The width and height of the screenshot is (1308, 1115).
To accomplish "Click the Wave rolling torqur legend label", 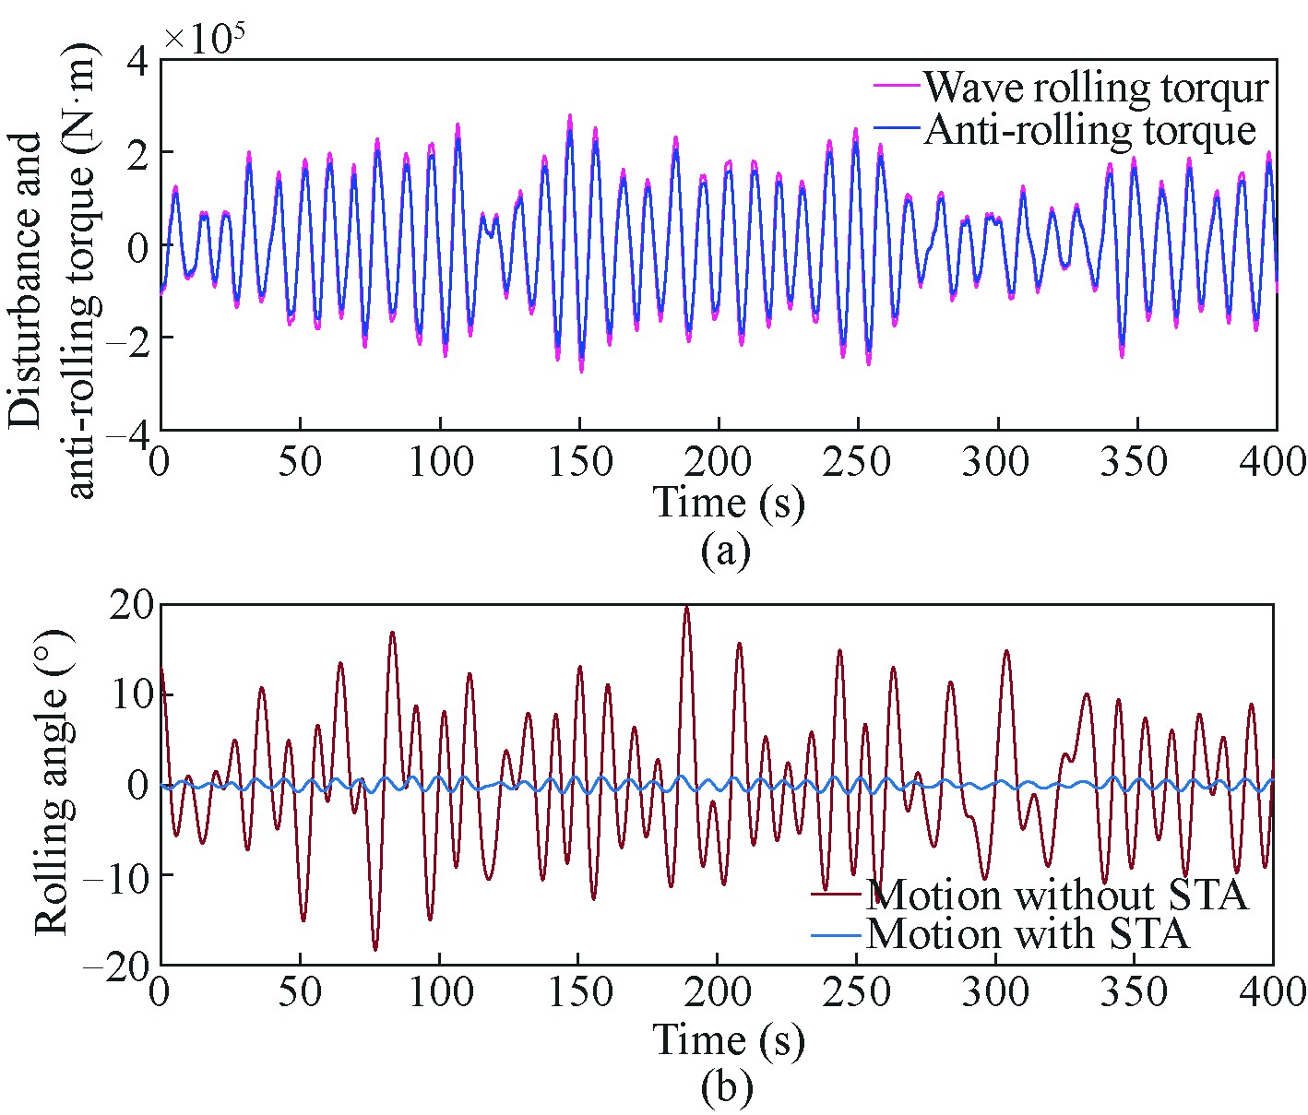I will [x=1097, y=88].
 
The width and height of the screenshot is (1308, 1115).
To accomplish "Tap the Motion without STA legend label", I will [x=1057, y=895].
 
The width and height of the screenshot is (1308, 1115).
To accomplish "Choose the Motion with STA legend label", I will [x=1028, y=933].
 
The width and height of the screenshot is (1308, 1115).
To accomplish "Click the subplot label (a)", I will [x=726, y=551].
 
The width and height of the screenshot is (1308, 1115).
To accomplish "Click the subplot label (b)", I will [x=726, y=1087].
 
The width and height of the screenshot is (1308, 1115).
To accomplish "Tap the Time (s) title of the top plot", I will [x=729, y=503].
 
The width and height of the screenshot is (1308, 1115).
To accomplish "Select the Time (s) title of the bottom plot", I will [x=729, y=1039].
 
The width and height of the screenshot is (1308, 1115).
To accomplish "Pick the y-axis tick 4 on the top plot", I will [x=137, y=61].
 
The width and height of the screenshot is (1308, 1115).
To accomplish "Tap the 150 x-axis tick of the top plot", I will [x=579, y=461].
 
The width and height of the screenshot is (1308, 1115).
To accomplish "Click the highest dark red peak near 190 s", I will [x=686, y=608].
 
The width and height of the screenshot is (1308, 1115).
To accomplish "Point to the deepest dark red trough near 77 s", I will [x=375, y=949].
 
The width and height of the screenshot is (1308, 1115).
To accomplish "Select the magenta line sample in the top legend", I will [x=896, y=85].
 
